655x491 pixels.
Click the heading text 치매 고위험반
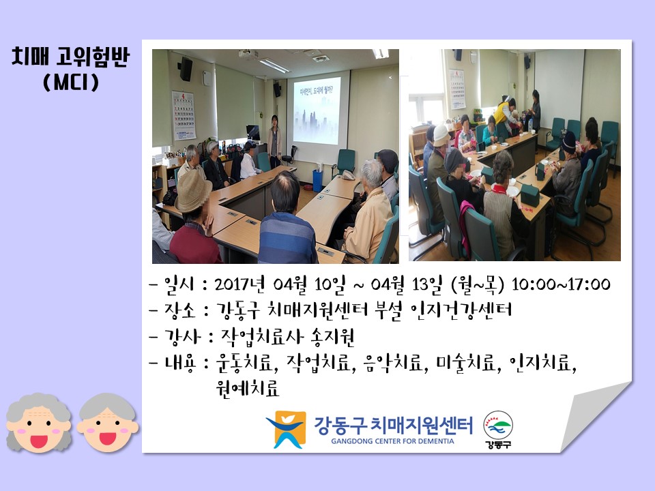71,57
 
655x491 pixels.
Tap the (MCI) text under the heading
71,82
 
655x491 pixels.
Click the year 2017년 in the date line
239,284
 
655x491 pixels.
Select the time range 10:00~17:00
561,284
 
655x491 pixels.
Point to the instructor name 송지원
332,337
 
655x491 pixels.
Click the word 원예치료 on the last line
247,388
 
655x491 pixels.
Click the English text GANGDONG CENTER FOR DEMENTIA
392,441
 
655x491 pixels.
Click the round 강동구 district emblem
498,430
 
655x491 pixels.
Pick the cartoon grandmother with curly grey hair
38,422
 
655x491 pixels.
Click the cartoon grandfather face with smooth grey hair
107,422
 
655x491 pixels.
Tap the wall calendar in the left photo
184,116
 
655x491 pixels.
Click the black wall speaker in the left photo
186,69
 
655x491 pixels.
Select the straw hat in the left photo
193,190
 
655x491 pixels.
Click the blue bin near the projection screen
318,180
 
